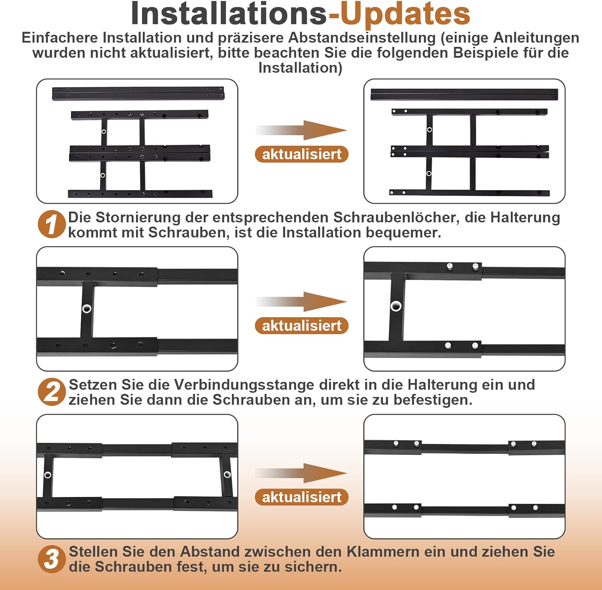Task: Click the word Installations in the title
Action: [229, 13]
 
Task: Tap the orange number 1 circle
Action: [52, 224]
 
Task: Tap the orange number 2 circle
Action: [52, 392]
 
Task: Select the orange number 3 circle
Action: [52, 559]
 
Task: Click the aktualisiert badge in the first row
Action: [301, 154]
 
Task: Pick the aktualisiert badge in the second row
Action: [301, 326]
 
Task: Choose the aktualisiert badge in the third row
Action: [301, 497]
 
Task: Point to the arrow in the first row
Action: [301, 130]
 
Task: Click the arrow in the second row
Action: [301, 302]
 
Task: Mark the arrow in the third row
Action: [301, 473]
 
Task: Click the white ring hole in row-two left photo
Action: [87, 308]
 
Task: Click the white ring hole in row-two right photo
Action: [396, 306]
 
